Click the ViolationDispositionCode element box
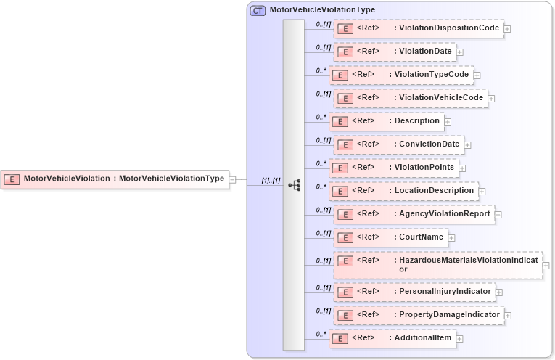[x=419, y=28]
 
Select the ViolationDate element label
[x=425, y=52]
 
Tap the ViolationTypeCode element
[x=401, y=75]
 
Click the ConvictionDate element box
[x=398, y=144]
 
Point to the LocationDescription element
[x=403, y=191]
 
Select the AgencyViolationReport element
[x=414, y=214]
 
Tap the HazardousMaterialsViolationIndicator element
[x=437, y=264]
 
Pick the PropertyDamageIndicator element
[x=418, y=315]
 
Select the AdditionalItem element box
[x=392, y=338]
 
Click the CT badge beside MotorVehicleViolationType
[x=258, y=10]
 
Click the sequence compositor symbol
[x=294, y=185]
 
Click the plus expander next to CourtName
[x=451, y=237]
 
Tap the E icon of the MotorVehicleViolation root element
[x=11, y=179]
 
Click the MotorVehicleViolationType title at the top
[x=322, y=10]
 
